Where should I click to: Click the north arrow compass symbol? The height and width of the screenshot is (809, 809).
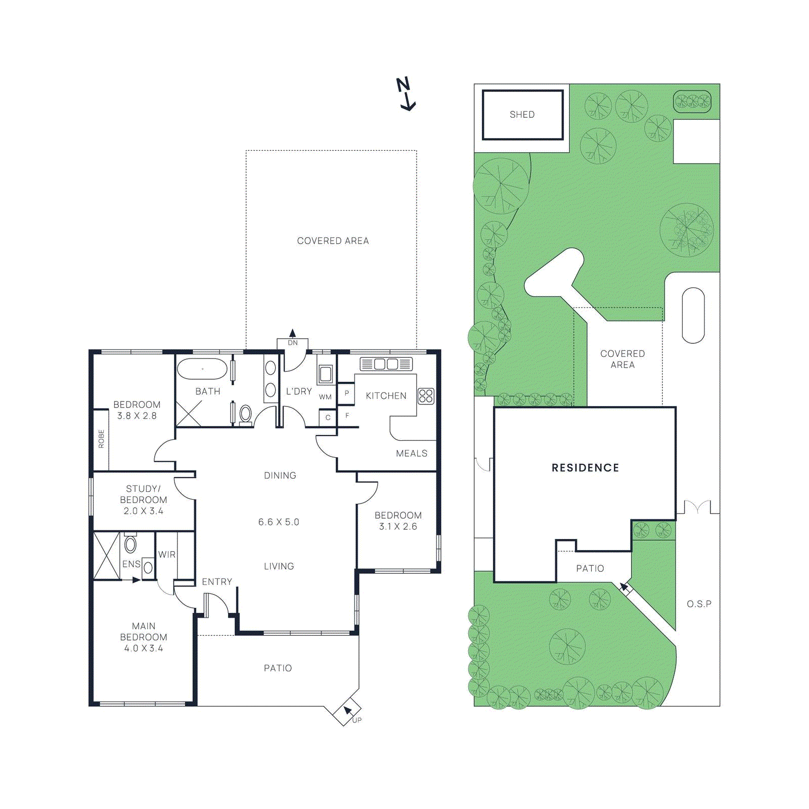click(x=406, y=94)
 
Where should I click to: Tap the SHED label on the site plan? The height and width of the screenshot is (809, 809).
click(x=522, y=115)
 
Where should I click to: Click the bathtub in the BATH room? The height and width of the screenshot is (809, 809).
click(x=202, y=369)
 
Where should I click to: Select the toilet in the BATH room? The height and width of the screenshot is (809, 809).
click(x=246, y=414)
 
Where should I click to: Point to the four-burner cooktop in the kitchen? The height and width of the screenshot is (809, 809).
click(x=426, y=396)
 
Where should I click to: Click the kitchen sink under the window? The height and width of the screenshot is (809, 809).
click(x=386, y=364)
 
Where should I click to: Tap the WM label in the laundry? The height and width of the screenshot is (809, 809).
click(x=325, y=397)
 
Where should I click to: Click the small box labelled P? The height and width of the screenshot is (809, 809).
click(x=346, y=393)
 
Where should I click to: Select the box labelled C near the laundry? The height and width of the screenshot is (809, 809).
click(x=328, y=418)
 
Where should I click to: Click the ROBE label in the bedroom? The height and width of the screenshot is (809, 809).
click(x=101, y=439)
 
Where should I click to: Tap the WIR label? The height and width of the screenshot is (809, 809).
click(x=167, y=555)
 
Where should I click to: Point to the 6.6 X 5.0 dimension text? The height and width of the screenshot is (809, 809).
click(x=279, y=522)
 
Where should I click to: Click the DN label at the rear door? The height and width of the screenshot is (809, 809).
click(x=293, y=343)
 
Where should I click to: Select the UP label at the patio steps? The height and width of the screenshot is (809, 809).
click(x=357, y=720)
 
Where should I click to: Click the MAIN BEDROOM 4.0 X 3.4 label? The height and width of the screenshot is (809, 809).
click(x=144, y=637)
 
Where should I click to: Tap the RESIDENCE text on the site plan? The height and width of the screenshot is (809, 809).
click(x=585, y=468)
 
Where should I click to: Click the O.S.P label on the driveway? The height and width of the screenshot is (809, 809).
click(x=699, y=604)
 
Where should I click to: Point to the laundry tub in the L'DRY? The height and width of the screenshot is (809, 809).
click(x=325, y=374)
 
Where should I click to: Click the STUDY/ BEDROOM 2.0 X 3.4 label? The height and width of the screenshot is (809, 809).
click(x=144, y=500)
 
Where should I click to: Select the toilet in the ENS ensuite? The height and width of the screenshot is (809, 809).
click(x=130, y=545)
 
